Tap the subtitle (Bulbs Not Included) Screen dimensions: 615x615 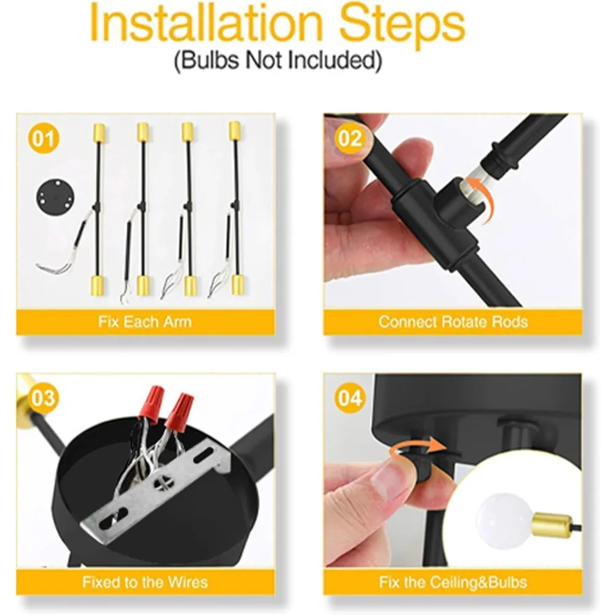click(x=278, y=61)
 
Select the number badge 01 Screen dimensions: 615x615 click(x=43, y=138)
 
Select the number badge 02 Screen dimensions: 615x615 click(x=349, y=138)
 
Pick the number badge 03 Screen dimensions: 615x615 click(x=43, y=399)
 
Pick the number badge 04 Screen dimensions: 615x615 click(x=349, y=399)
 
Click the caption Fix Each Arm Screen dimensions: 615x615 click(x=145, y=322)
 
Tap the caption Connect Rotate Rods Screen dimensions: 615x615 click(x=453, y=322)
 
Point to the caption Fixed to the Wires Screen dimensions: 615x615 click(x=145, y=582)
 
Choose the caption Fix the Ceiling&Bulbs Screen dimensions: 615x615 click(x=453, y=582)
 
